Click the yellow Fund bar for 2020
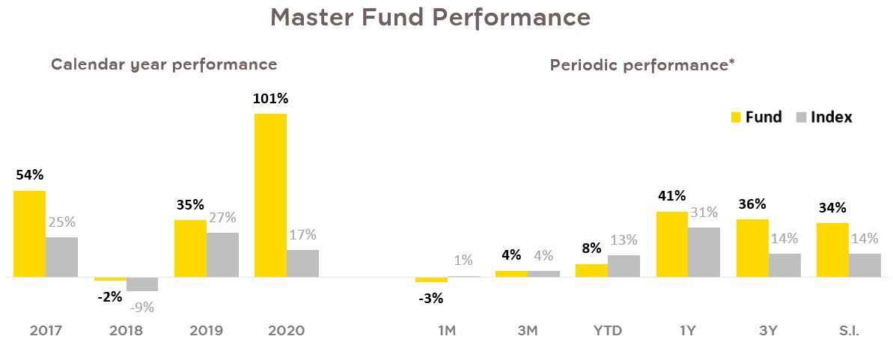(x=270, y=195)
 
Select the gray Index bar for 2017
(x=61, y=257)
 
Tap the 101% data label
(x=271, y=99)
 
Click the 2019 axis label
(x=206, y=330)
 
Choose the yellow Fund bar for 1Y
(x=671, y=244)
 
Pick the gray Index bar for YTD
(x=624, y=266)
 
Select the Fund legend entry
(x=756, y=118)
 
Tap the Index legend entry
(x=823, y=118)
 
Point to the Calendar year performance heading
(x=164, y=64)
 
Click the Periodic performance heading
(x=641, y=65)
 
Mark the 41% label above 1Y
(x=671, y=196)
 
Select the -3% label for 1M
(x=430, y=298)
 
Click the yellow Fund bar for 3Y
(x=752, y=248)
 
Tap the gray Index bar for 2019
(x=222, y=254)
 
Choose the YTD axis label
(x=607, y=330)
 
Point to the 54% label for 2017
(x=30, y=175)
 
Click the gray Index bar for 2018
(x=142, y=284)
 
